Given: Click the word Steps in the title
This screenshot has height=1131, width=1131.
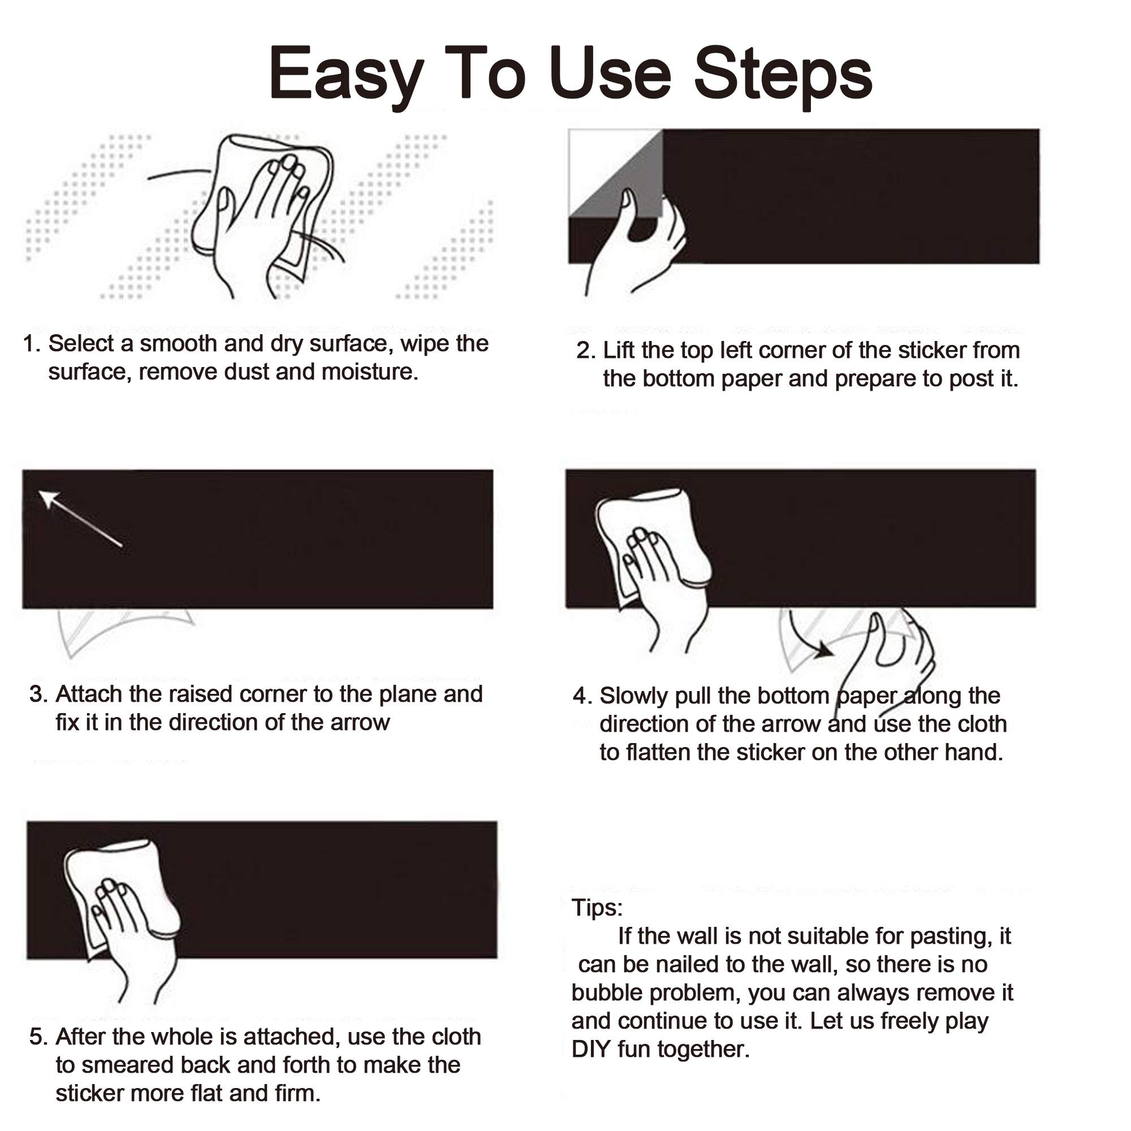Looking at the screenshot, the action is (783, 77).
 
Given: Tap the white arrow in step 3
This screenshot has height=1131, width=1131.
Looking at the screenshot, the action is (80, 519).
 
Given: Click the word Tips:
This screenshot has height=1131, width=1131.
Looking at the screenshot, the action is (597, 908).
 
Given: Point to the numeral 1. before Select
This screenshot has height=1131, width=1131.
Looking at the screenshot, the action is (33, 344).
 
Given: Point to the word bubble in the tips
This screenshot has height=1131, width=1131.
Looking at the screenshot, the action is (606, 992).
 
